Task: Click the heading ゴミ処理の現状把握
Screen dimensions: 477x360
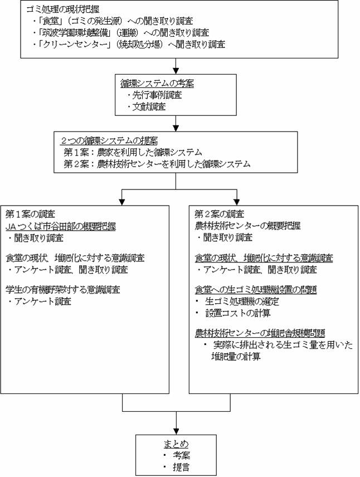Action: (x=65, y=10)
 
